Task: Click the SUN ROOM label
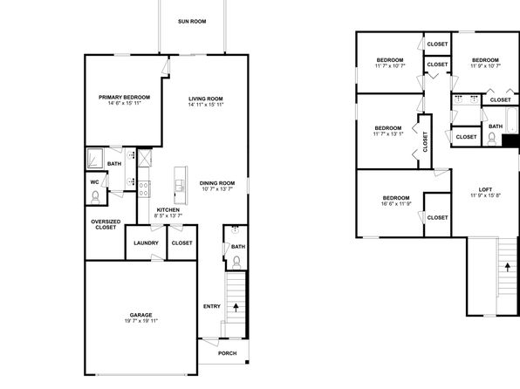(x=192, y=22)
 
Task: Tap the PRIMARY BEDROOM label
(x=125, y=97)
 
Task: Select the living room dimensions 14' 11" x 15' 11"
(x=206, y=105)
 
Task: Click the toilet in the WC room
(x=95, y=197)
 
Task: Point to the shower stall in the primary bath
(x=95, y=158)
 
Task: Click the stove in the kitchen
(x=144, y=189)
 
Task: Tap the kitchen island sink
(x=180, y=186)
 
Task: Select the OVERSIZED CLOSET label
(x=106, y=224)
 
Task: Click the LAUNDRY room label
(x=146, y=243)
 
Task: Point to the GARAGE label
(x=141, y=315)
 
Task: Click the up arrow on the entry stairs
(x=236, y=307)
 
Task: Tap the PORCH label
(x=228, y=353)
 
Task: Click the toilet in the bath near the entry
(x=236, y=263)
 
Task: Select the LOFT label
(x=485, y=189)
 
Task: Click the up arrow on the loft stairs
(x=508, y=267)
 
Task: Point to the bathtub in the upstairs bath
(x=511, y=120)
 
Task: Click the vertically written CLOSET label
(x=426, y=141)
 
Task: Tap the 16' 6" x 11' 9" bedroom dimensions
(x=396, y=204)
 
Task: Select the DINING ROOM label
(x=217, y=183)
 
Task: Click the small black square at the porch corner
(x=247, y=362)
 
